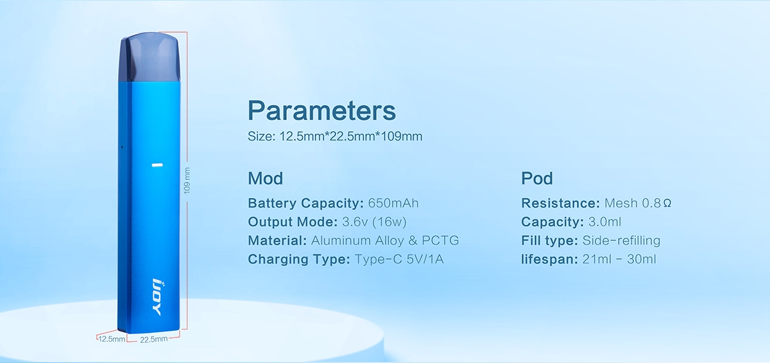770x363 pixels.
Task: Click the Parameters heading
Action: pos(321,111)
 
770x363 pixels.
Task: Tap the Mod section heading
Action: pos(266,178)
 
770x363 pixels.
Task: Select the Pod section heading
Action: pos(537,178)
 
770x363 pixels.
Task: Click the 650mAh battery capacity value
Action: pos(393,203)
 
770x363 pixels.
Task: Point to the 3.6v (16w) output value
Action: pos(374,222)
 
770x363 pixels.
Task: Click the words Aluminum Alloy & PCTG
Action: pos(385,240)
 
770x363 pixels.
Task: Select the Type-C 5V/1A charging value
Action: pos(399,259)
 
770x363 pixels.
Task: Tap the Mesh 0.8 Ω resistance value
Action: pos(638,203)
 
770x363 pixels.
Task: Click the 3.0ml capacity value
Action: pos(604,222)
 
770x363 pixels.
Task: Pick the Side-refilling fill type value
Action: pos(621,240)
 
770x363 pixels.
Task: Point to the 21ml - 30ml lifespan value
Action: pos(619,259)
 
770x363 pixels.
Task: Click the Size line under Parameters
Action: pos(335,136)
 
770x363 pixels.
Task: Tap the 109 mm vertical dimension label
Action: pos(187,181)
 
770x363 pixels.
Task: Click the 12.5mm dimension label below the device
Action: pos(112,339)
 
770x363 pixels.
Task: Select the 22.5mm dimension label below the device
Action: pos(153,339)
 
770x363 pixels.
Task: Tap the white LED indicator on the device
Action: pos(157,165)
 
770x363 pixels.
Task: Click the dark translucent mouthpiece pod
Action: pos(150,57)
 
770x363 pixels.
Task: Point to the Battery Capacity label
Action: pos(305,203)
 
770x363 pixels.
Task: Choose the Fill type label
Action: pos(550,240)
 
